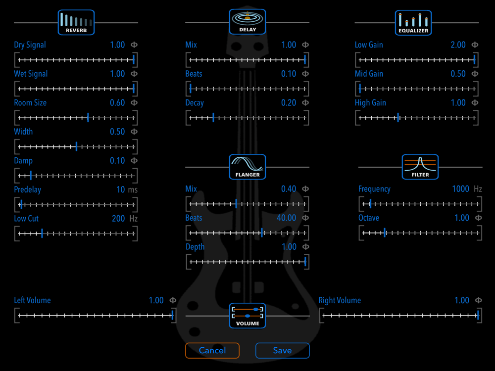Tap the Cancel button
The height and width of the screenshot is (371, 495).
pyautogui.click(x=212, y=351)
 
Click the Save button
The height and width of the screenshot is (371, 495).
pyautogui.click(x=282, y=351)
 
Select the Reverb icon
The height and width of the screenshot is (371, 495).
pyautogui.click(x=76, y=22)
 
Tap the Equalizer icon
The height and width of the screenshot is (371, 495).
pyautogui.click(x=413, y=22)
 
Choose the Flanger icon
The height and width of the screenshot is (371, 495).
pyautogui.click(x=247, y=167)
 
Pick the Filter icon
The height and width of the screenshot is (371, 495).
pyautogui.click(x=420, y=167)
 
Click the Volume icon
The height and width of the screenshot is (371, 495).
pyautogui.click(x=247, y=316)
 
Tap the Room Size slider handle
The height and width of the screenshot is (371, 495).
pyautogui.click(x=88, y=118)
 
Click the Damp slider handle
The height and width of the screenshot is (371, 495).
pyautogui.click(x=31, y=176)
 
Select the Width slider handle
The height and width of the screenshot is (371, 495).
pyautogui.click(x=76, y=147)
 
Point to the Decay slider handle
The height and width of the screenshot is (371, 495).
pyautogui.click(x=213, y=118)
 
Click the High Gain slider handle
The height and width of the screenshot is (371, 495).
pyautogui.click(x=398, y=118)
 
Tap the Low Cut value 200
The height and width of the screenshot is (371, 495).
pyautogui.click(x=118, y=219)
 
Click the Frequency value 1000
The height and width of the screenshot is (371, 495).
pyautogui.click(x=460, y=189)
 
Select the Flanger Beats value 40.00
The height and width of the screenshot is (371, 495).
pyautogui.click(x=287, y=218)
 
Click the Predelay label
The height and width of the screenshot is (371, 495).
pyautogui.click(x=27, y=189)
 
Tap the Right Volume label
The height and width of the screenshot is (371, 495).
pyautogui.click(x=340, y=300)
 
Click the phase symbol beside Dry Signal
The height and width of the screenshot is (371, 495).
pyautogui.click(x=134, y=45)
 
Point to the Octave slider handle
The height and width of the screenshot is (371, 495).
pyautogui.click(x=385, y=233)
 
